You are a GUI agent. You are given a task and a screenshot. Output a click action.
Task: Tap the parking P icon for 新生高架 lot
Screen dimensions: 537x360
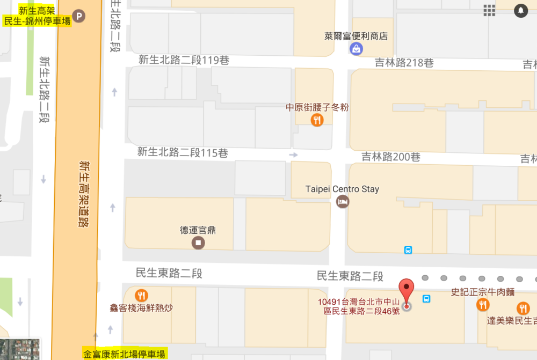[x=79, y=17]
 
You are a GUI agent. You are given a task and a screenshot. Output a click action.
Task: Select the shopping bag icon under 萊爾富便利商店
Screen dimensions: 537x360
[x=356, y=49]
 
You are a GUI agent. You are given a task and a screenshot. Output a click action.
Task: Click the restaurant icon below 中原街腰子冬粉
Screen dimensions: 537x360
[x=317, y=120]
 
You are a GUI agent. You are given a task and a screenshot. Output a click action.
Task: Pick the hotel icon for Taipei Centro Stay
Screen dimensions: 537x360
[x=342, y=202]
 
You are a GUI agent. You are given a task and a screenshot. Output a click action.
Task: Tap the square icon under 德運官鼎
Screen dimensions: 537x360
[x=199, y=243]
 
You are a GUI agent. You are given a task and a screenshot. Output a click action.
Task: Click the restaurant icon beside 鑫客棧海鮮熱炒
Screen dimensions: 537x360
[x=141, y=296]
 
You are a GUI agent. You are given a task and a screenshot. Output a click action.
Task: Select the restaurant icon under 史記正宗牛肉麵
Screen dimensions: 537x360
[x=483, y=305]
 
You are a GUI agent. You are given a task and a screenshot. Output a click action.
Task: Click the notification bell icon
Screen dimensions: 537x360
[x=520, y=10]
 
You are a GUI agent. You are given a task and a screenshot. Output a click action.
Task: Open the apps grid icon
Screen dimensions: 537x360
[x=489, y=10]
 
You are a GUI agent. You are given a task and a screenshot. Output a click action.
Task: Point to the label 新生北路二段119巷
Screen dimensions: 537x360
[x=184, y=61]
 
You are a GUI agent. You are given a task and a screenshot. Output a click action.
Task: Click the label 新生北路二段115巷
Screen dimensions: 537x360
[x=183, y=153]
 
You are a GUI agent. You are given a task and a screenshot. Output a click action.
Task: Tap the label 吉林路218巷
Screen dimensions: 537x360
[x=404, y=63]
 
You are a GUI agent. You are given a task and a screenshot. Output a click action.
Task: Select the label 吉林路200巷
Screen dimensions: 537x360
[x=391, y=157]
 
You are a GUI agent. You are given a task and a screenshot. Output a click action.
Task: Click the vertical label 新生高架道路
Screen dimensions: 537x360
[x=84, y=193]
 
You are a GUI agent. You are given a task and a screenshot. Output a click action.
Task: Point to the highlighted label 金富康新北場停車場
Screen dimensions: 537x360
[x=124, y=354]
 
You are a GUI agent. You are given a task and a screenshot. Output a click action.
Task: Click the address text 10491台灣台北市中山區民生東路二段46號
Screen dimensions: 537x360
[x=358, y=306]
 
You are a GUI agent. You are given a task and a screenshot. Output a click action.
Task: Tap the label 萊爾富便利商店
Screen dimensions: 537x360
[x=356, y=36]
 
